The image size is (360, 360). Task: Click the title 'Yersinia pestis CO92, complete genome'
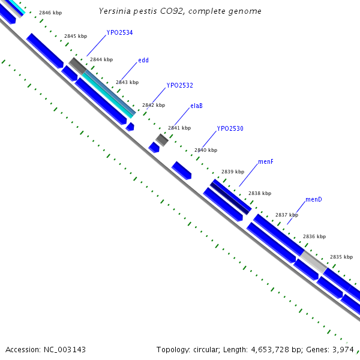tap(180, 11)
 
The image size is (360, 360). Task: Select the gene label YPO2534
tap(119, 32)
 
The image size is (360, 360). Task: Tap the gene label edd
tap(143, 60)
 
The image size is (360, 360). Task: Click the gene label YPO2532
tap(179, 85)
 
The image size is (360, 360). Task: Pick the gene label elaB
tap(196, 106)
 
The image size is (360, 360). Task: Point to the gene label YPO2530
tap(230, 128)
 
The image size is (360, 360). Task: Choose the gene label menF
tap(266, 162)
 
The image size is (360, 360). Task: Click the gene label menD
tap(313, 199)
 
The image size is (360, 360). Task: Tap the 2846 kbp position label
tap(50, 12)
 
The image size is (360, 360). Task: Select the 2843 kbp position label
tap(127, 82)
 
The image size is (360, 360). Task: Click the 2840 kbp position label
tap(206, 150)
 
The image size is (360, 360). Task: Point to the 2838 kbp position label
tap(260, 193)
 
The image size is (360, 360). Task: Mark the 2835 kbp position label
tap(341, 257)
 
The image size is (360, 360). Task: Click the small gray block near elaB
tap(161, 140)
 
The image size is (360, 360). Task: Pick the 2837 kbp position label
tap(286, 215)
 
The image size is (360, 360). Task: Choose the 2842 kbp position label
tap(153, 105)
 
